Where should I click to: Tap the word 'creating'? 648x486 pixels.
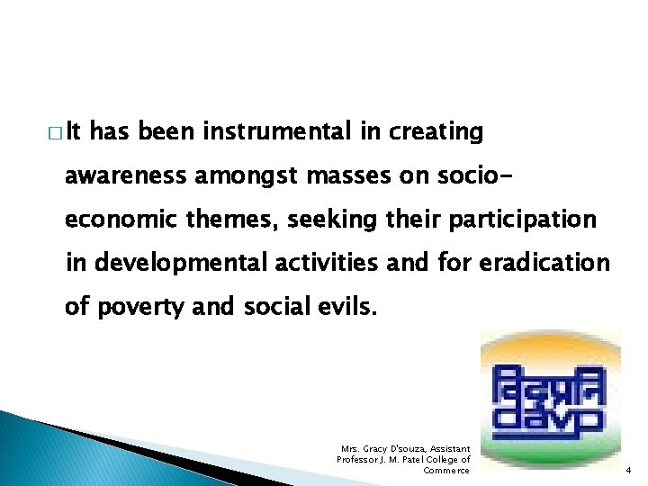tap(436, 132)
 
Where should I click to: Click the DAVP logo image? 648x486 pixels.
tap(550, 400)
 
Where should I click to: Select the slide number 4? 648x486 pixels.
tap(629, 471)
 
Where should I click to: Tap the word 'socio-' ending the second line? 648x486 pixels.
tap(441, 175)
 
